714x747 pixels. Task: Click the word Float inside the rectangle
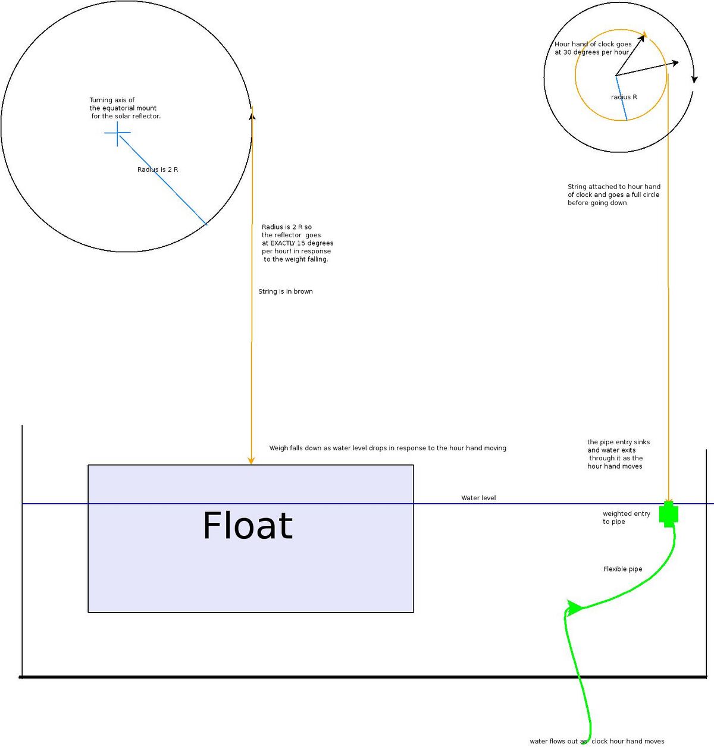coord(248,525)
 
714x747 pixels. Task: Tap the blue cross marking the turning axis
coord(117,133)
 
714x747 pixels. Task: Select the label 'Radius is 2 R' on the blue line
coord(158,170)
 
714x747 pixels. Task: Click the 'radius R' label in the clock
coord(624,97)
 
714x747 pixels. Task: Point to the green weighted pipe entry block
coord(669,514)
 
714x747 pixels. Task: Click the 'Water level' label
coord(478,498)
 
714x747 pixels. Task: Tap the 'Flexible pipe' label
coord(622,569)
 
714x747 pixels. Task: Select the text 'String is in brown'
coord(286,291)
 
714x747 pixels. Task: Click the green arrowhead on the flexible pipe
coord(574,608)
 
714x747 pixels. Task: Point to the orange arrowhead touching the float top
coord(251,461)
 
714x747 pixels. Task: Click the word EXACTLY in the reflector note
coord(283,243)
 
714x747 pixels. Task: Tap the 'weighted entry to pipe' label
coord(626,517)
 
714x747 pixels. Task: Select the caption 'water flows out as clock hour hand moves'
coord(597,741)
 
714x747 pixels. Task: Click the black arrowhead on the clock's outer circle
coord(694,79)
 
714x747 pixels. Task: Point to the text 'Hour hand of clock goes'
coord(593,44)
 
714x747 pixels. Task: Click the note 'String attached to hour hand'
coord(614,187)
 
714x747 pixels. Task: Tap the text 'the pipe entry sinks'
coord(618,442)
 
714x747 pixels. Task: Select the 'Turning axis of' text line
coord(112,100)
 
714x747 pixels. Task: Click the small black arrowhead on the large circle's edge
coord(252,115)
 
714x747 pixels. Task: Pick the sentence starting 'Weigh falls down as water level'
coord(387,448)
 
